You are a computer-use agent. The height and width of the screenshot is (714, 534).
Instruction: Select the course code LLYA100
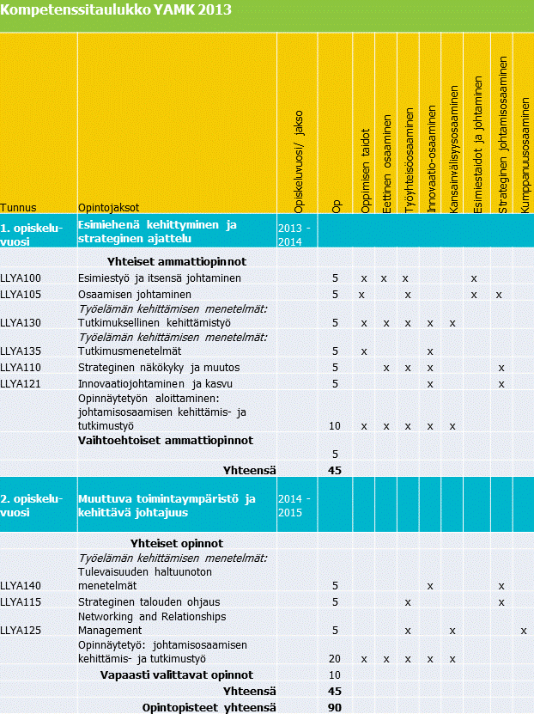coord(21,278)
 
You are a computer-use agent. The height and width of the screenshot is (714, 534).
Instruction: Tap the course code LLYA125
coord(21,630)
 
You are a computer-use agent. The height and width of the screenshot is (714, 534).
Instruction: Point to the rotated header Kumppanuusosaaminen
coord(525,156)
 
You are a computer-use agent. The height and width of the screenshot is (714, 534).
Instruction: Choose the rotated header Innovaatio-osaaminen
coord(432,160)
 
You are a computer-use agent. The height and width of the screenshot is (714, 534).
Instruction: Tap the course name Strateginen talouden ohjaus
coord(149,601)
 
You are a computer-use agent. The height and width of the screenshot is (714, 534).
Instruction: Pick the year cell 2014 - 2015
coord(296,505)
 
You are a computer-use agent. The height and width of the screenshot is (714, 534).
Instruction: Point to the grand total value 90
coord(335,706)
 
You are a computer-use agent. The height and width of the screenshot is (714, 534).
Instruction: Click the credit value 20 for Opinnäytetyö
coord(335,659)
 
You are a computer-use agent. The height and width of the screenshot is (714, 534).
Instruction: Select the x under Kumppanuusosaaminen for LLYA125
coord(524,631)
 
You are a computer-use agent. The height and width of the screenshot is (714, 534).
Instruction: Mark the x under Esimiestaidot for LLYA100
coord(474,278)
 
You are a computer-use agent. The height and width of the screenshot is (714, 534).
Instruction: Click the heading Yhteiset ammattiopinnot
coord(177,261)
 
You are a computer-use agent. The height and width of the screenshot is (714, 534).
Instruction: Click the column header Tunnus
coord(18,207)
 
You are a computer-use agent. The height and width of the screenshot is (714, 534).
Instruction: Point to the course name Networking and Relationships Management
coord(152,623)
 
